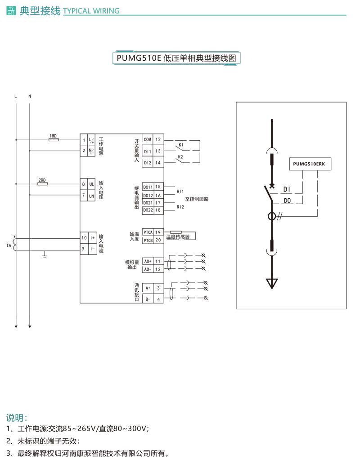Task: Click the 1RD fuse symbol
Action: [53, 140]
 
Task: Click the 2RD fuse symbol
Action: [42, 184]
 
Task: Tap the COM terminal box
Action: [148, 140]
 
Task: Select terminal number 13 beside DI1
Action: [158, 151]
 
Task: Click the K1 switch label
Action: [180, 145]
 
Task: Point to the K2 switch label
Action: [180, 157]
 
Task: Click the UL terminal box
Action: [91, 184]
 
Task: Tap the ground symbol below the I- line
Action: [45, 256]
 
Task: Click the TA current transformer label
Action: [9, 245]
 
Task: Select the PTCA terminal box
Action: [148, 232]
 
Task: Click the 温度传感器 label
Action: [178, 236]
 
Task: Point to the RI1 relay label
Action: [180, 191]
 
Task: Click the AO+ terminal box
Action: [148, 261]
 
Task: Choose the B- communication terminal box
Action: [148, 299]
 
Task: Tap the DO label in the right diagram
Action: [288, 200]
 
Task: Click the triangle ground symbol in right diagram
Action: [271, 283]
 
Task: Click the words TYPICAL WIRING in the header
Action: [91, 11]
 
